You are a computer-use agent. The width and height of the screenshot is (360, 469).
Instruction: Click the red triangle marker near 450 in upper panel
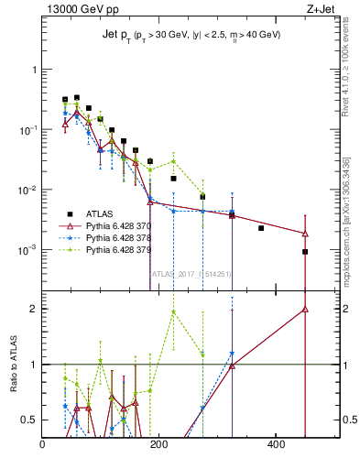(x=305, y=234)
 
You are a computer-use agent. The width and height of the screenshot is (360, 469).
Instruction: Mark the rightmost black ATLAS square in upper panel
(x=305, y=252)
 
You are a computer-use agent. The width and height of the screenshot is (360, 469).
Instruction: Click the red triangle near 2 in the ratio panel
(x=305, y=310)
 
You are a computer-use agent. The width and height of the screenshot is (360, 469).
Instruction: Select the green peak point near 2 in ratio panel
(x=173, y=311)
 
